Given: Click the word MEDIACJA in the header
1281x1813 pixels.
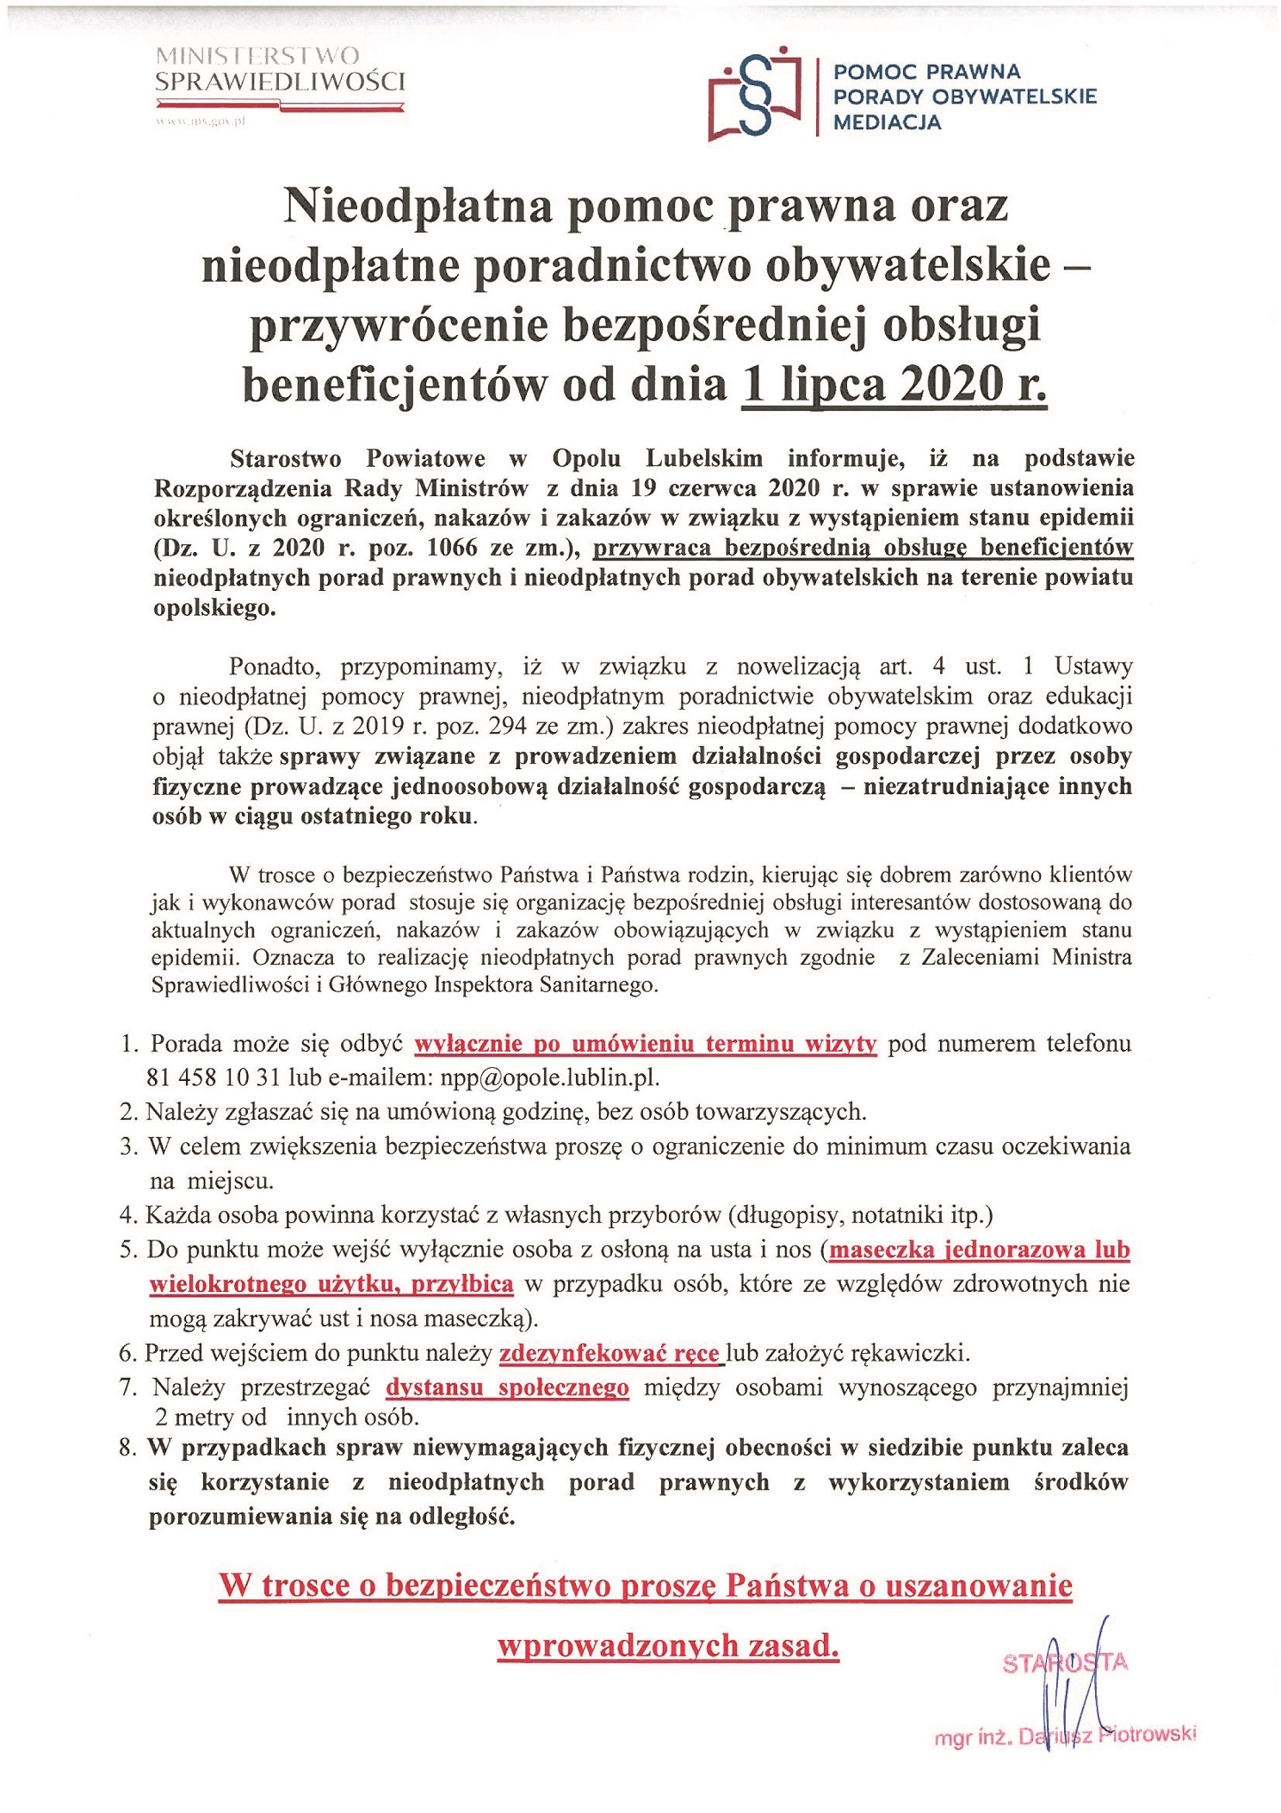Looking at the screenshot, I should [887, 122].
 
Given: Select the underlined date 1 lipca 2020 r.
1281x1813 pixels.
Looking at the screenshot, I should [894, 385].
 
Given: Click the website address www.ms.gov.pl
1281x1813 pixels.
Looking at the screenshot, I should [201, 121].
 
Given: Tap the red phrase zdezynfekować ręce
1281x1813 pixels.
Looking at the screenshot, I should [610, 1353].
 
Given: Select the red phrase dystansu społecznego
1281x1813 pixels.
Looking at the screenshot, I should [507, 1388].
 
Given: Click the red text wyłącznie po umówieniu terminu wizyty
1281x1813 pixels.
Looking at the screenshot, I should [646, 1044].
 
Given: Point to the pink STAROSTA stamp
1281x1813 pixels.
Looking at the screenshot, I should [1064, 1661].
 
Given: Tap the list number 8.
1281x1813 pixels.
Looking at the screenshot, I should [128, 1448].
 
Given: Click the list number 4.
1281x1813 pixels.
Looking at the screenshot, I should [128, 1215].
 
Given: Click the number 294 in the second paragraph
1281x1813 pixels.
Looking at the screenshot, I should [508, 726].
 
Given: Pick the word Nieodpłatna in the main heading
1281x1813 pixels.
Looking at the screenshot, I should [418, 207].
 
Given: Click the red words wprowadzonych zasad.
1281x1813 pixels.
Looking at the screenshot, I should [668, 1646].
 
